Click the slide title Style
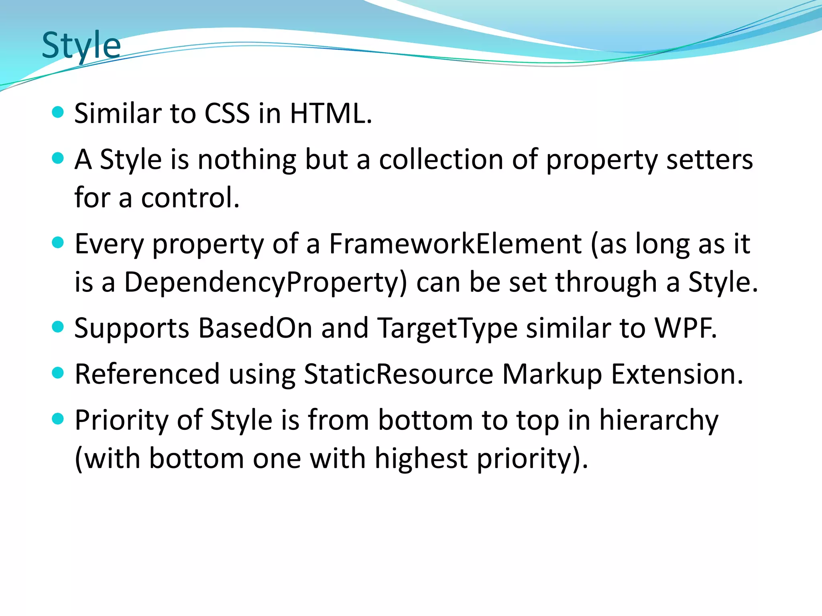[x=81, y=45]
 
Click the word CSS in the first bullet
[x=227, y=113]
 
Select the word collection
[x=441, y=160]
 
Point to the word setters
[x=709, y=160]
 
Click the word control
[x=190, y=198]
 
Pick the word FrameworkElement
[x=455, y=244]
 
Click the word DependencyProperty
[x=265, y=282]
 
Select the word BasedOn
[x=255, y=328]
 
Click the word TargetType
[x=448, y=328]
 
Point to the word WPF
[x=685, y=328]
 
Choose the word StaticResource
[x=399, y=374]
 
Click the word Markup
[x=552, y=374]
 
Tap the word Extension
[x=677, y=374]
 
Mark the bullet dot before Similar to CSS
[x=58, y=112]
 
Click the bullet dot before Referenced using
[x=58, y=373]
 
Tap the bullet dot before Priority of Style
[x=58, y=419]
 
